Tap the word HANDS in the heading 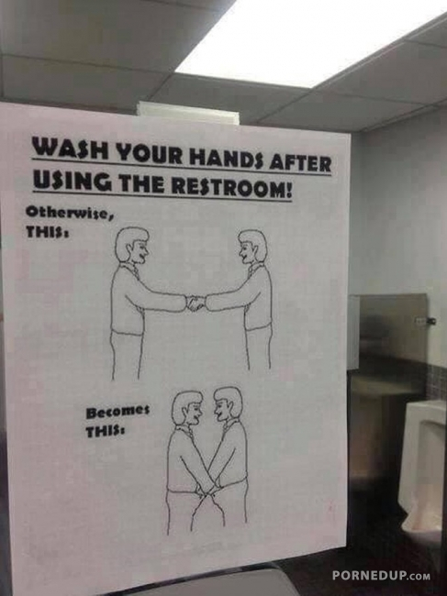point(227,158)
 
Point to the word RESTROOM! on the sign point(231,187)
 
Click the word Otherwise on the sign point(70,213)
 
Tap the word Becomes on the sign point(117,413)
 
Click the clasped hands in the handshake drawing point(196,303)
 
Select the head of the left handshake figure point(132,245)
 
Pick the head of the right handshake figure point(252,247)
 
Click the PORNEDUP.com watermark point(381,576)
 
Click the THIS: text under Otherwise point(47,232)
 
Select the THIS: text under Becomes point(106,432)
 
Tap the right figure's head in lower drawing point(228,404)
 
